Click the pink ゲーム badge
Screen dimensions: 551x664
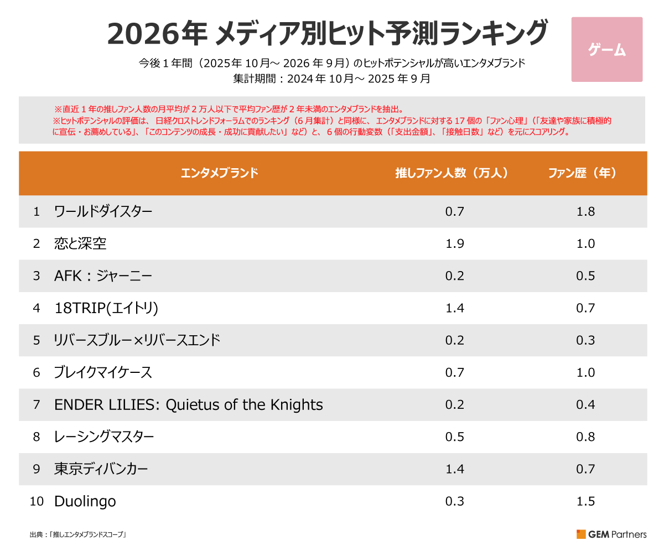click(606, 50)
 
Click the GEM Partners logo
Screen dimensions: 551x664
click(611, 534)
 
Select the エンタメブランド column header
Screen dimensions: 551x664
click(220, 173)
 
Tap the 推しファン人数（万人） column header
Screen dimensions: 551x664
click(452, 173)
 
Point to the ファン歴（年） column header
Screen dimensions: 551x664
click(583, 173)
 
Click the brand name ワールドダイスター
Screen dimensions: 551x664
click(103, 211)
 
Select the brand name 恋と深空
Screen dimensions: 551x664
click(80, 243)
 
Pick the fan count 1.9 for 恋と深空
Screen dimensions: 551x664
click(454, 243)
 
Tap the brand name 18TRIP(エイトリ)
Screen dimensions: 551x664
click(106, 308)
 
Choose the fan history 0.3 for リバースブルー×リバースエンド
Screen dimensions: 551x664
click(585, 340)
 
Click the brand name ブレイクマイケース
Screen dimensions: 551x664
click(103, 372)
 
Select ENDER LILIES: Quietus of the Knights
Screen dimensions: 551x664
click(188, 405)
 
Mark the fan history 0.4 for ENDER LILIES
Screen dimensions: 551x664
click(585, 405)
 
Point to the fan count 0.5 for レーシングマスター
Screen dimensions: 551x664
click(454, 437)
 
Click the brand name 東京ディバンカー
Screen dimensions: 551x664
click(101, 469)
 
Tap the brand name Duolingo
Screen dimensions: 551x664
click(85, 502)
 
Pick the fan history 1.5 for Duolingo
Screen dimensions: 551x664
click(585, 502)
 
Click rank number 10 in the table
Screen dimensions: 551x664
click(37, 502)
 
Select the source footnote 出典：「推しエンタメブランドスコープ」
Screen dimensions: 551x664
click(79, 535)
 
